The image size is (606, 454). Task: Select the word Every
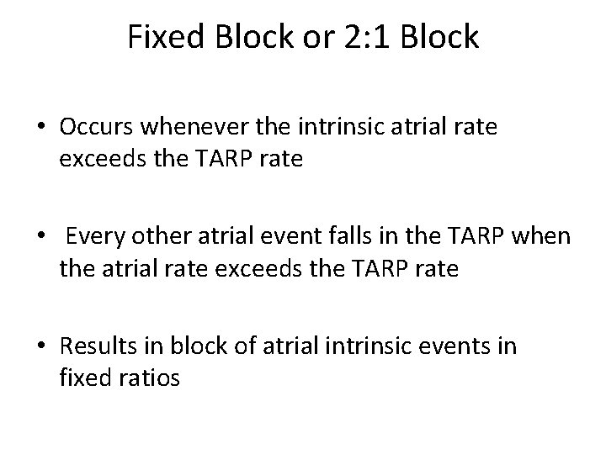pos(90,239)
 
